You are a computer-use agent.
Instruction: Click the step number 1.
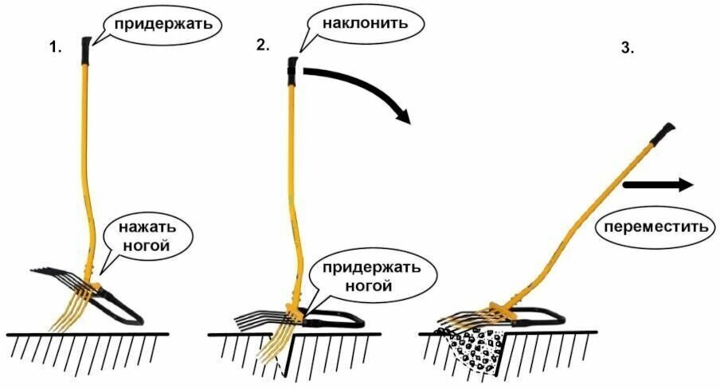[55, 48]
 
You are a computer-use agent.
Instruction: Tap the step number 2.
[263, 45]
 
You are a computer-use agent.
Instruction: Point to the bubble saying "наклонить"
[366, 23]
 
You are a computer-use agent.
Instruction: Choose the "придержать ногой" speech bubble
[370, 274]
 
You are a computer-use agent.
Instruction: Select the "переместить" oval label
[655, 227]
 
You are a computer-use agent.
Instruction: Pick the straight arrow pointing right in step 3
[658, 185]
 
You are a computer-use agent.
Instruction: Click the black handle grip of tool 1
[84, 52]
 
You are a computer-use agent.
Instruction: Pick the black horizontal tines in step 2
[256, 320]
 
